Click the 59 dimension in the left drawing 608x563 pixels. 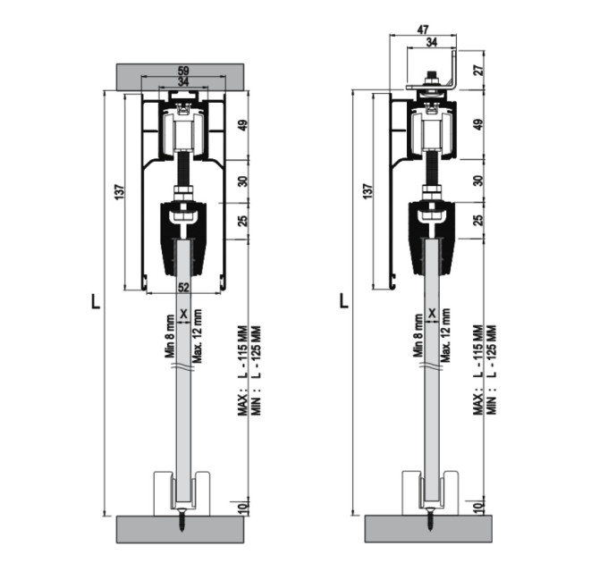[x=183, y=71]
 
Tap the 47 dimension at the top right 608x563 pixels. [x=423, y=29]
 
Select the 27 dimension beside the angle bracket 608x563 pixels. [x=479, y=70]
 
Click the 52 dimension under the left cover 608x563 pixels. [x=183, y=288]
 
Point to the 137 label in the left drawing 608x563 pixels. [x=120, y=192]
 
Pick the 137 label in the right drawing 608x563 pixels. [x=368, y=191]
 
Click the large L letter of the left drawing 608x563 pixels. [x=95, y=301]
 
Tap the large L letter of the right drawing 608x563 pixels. [x=343, y=300]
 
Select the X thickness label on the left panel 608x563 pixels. [x=184, y=314]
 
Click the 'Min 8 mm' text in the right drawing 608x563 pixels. [x=418, y=335]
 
